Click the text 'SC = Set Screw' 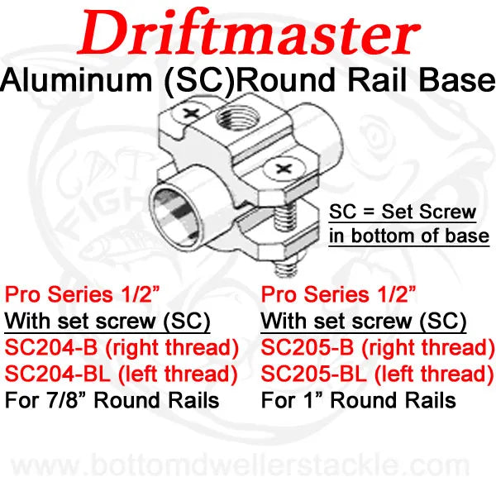(402, 212)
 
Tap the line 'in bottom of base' (408, 236)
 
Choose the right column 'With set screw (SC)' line (364, 319)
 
